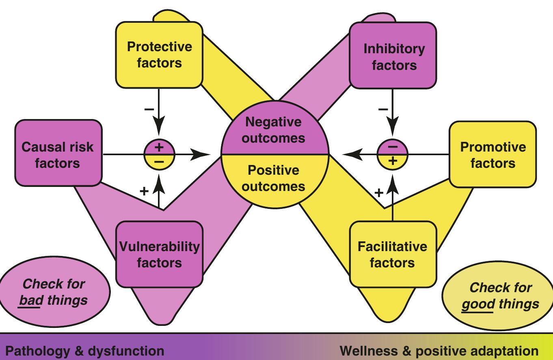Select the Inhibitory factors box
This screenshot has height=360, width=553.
coord(393,56)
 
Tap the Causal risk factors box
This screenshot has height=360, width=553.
coord(57,155)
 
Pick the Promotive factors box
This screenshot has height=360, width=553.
coord(493,155)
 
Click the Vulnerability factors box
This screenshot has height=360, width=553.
coord(159,254)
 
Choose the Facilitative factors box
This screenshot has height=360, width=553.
coord(392,254)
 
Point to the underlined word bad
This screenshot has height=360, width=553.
coord(30,300)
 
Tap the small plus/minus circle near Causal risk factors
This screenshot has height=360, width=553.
coord(159,154)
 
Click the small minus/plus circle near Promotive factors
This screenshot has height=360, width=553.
coord(392,154)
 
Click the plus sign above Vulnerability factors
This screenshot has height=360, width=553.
coord(144,191)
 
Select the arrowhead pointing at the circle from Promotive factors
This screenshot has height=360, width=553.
coord(351,154)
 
